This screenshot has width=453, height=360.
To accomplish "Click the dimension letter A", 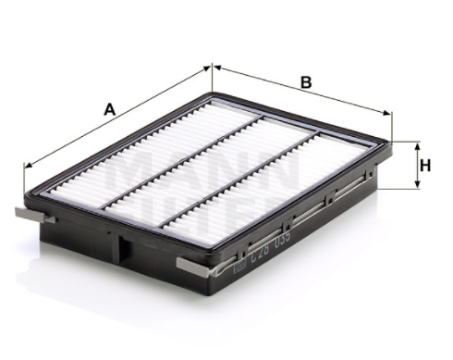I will click(109, 109).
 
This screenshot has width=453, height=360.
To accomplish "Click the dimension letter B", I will click(304, 81).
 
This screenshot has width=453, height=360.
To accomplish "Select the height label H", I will click(425, 166).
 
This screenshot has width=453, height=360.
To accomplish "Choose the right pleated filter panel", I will click(277, 190).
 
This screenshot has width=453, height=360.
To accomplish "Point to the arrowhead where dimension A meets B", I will click(212, 67).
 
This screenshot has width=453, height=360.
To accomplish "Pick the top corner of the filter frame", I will click(212, 94).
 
